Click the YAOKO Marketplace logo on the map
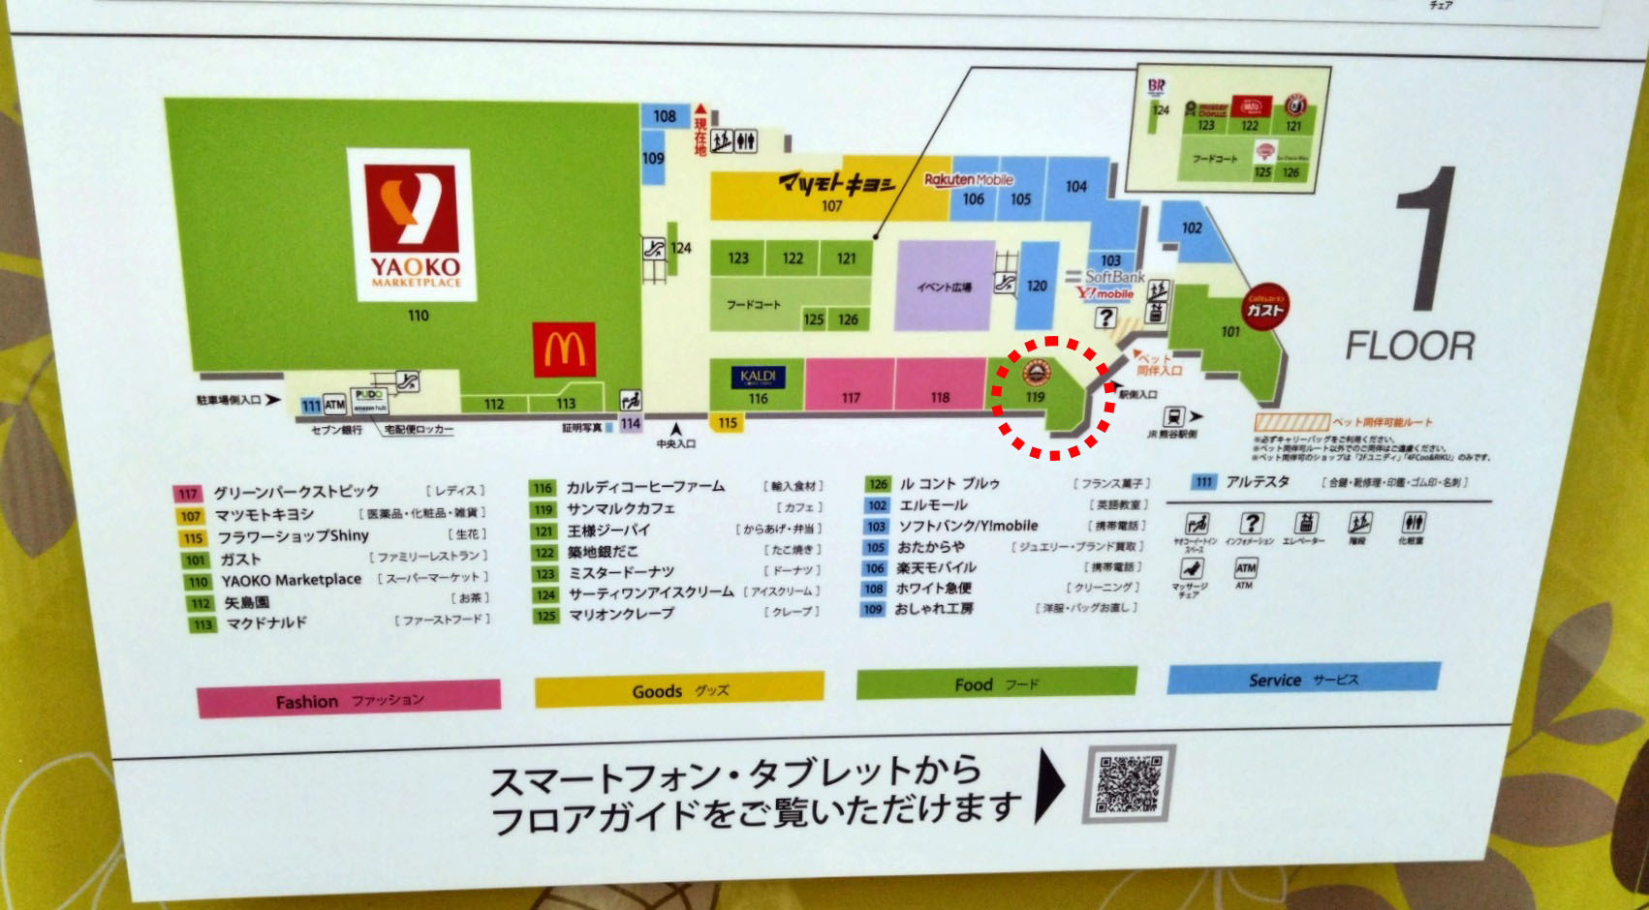(x=412, y=225)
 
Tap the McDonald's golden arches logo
(x=564, y=349)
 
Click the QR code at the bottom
(x=1129, y=783)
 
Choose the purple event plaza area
(x=944, y=286)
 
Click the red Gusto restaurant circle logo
(x=1264, y=309)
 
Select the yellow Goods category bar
(x=679, y=690)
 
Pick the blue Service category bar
(x=1303, y=680)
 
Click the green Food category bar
(x=996, y=683)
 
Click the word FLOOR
(x=1410, y=346)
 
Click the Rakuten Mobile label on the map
(x=968, y=179)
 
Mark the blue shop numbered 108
(x=664, y=116)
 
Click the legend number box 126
(x=878, y=484)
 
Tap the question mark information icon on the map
(x=1105, y=318)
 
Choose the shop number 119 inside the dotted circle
(x=1035, y=397)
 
